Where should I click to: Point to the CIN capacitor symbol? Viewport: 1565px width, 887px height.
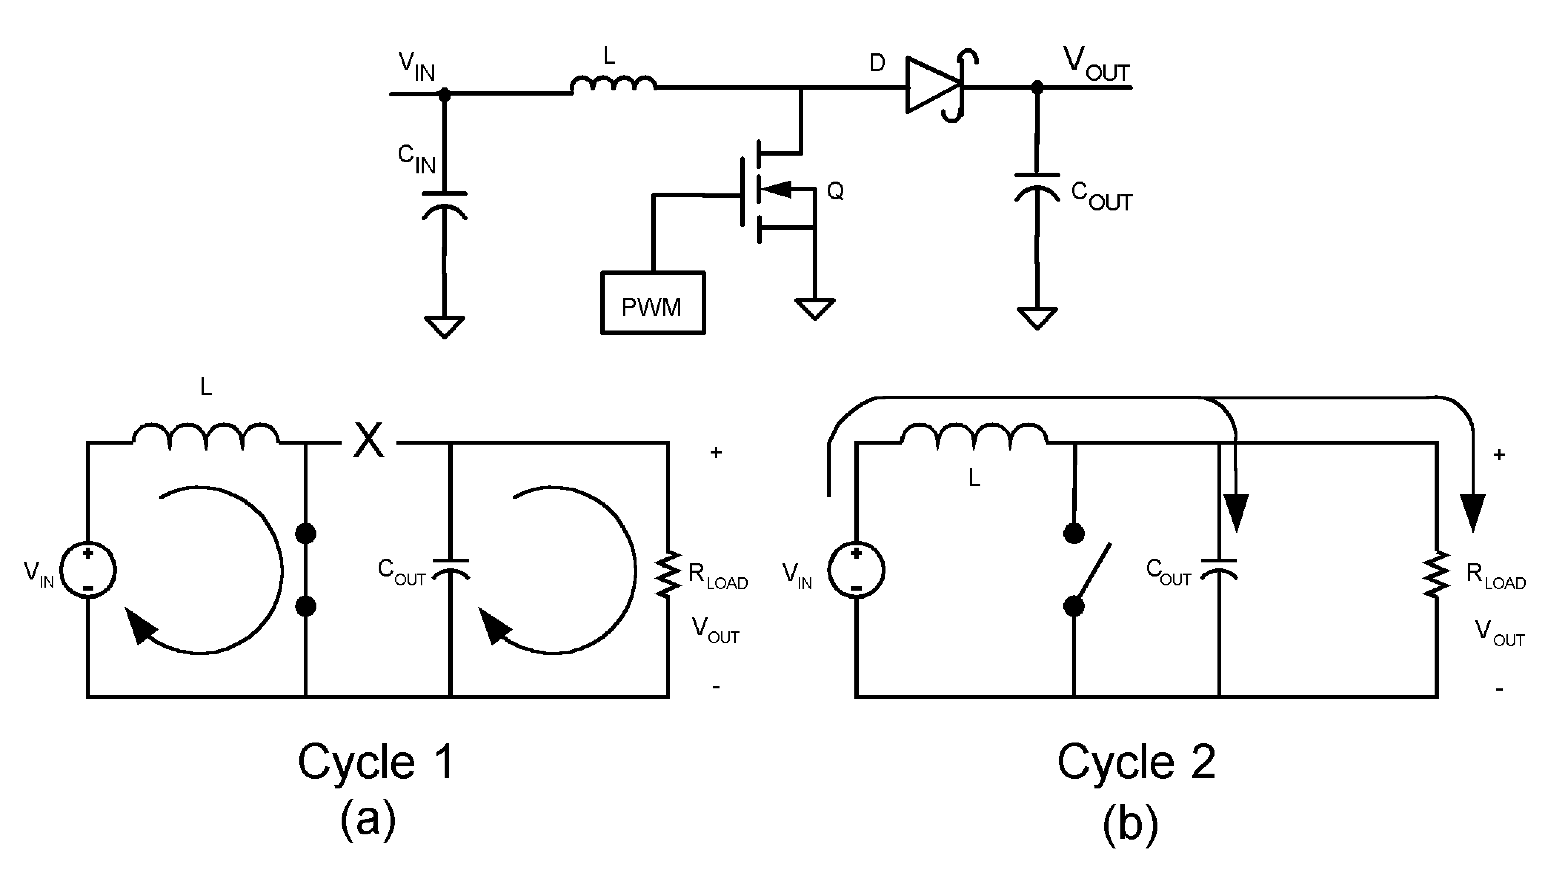coord(445,204)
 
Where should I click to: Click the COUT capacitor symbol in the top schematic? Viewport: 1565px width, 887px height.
coord(1036,186)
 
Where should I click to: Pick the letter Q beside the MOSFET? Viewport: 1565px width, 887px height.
coord(835,191)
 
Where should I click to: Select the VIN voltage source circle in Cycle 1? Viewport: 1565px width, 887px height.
coord(88,570)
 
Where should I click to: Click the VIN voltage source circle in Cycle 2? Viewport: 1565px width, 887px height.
coord(856,570)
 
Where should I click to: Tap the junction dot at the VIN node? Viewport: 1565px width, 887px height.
coord(445,94)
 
